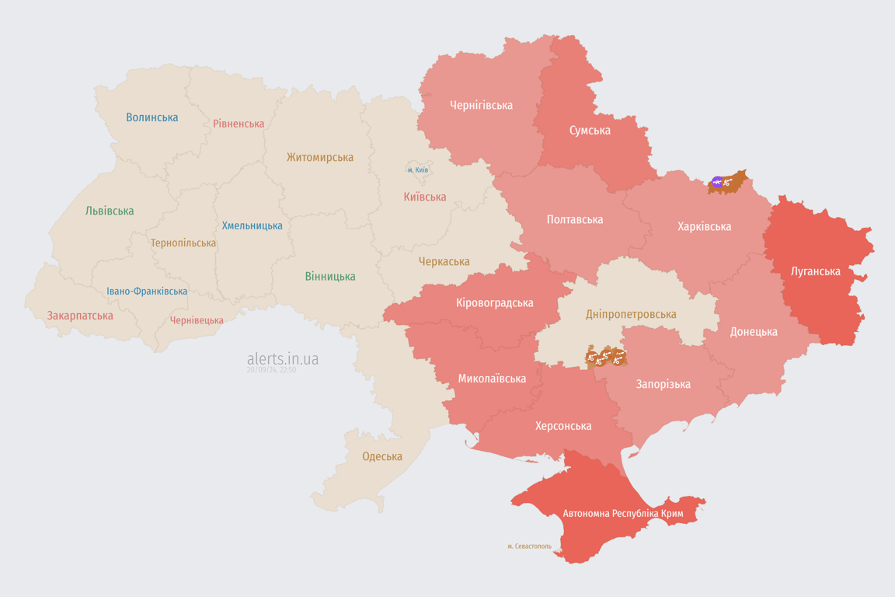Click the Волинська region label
152,117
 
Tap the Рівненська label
239,124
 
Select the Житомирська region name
319,157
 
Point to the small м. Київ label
417,169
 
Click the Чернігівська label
481,105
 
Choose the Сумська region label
590,130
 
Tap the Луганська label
815,271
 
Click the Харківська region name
704,226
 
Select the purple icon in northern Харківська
716,183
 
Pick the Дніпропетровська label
630,314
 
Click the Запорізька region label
663,384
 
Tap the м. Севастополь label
529,546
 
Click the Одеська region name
382,456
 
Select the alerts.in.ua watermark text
283,358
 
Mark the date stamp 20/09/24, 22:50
271,370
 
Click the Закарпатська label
80,316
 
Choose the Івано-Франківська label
147,292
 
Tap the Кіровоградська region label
494,302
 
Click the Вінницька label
330,276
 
